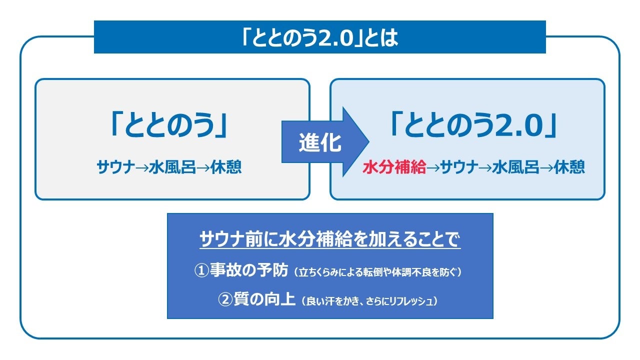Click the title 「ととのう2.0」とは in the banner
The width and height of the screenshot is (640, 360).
coord(319,38)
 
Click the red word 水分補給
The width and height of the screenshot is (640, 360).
coord(394,167)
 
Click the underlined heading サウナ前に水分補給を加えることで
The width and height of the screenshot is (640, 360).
coord(329,240)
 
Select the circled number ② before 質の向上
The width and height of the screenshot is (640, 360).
coord(225,299)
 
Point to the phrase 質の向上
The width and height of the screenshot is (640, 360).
coord(264,299)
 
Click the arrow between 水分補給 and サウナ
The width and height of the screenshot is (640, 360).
coord(432,167)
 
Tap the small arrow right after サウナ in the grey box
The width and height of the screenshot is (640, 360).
coord(142,167)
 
